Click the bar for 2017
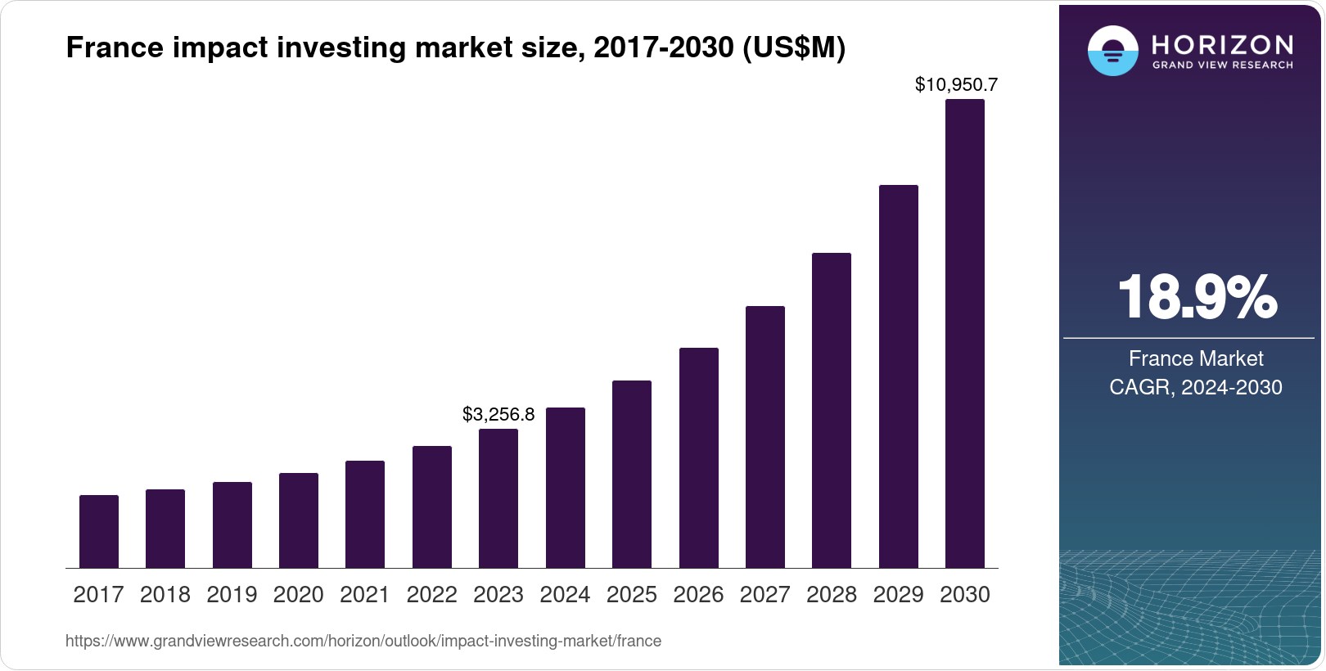[99, 532]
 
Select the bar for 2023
[498, 498]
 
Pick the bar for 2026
[699, 458]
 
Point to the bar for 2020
[299, 520]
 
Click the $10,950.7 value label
[956, 84]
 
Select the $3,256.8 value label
[498, 414]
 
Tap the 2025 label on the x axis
[632, 595]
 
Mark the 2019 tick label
[232, 595]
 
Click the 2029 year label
[898, 595]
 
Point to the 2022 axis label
[431, 595]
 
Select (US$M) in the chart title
[793, 47]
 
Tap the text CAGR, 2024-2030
[1196, 387]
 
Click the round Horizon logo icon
[1112, 51]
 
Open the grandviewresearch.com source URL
[363, 641]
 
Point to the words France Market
[1196, 358]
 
